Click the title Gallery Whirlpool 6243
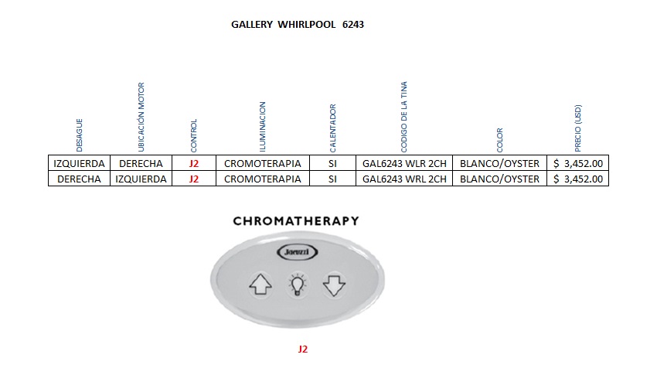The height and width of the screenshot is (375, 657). click(298, 24)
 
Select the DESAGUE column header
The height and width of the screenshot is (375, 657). click(79, 135)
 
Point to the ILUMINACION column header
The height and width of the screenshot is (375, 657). click(262, 126)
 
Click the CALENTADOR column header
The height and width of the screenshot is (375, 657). click(333, 128)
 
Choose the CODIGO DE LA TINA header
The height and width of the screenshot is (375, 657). click(404, 117)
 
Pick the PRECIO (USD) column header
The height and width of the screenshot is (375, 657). click(578, 127)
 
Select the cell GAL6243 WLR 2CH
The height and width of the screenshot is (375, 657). click(404, 163)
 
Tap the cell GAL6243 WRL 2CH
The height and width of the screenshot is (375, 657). click(404, 179)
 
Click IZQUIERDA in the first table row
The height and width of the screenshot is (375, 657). click(79, 163)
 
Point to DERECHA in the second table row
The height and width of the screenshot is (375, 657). click(79, 179)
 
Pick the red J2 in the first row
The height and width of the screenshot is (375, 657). click(194, 163)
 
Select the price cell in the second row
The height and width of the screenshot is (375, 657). click(578, 179)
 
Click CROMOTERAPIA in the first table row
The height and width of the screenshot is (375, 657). click(262, 163)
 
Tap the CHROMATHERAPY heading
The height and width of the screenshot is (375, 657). click(296, 221)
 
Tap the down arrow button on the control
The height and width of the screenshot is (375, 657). click(333, 285)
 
